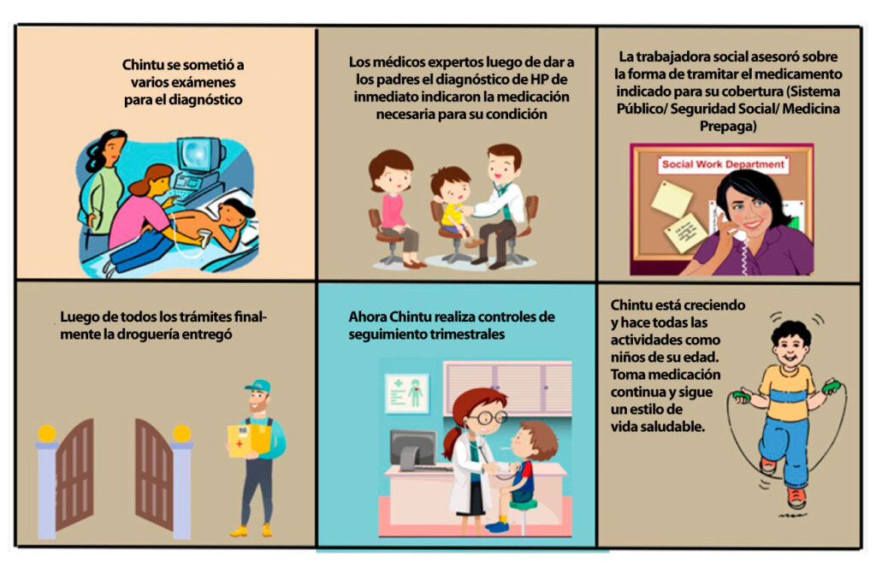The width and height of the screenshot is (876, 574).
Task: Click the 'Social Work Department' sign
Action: point(723,164)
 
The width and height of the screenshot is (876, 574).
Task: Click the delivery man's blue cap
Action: point(257,386)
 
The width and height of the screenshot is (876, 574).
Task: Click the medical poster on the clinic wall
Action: point(406,393)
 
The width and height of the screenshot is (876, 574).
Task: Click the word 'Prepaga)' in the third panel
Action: point(728,127)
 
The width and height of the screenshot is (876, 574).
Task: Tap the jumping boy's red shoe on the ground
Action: point(796,496)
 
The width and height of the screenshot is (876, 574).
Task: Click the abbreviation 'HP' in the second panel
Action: point(539,80)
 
